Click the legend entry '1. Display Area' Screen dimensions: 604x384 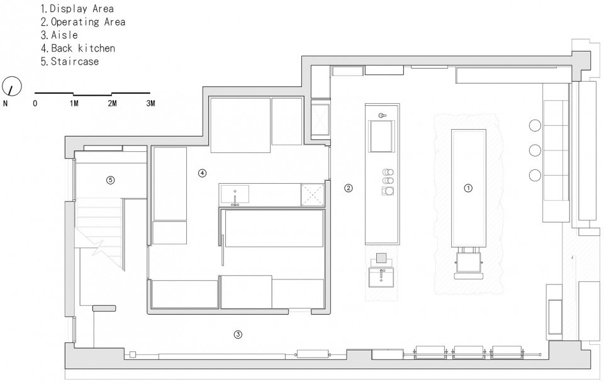click(x=77, y=8)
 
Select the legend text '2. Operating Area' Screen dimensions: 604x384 click(x=83, y=22)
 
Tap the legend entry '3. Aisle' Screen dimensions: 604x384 click(x=59, y=35)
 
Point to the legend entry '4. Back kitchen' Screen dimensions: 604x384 click(x=78, y=48)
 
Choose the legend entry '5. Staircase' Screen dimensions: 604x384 click(x=70, y=61)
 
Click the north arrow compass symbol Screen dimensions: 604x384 click(x=11, y=86)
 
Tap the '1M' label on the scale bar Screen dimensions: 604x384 click(x=74, y=103)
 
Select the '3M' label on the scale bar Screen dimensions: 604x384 click(x=150, y=103)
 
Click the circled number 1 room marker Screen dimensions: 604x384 click(x=468, y=188)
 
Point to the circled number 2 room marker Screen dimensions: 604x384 click(x=348, y=188)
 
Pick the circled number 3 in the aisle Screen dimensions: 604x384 click(x=238, y=334)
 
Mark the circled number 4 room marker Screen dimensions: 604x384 click(x=202, y=173)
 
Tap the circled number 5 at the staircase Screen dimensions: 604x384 click(x=111, y=179)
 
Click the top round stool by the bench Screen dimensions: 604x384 click(x=535, y=125)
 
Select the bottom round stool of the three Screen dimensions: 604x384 click(x=535, y=176)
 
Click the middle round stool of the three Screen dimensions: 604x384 click(x=535, y=150)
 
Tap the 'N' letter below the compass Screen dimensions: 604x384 click(x=5, y=103)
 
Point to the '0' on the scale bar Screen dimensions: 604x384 click(x=35, y=103)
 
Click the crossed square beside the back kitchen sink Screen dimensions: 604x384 click(x=313, y=195)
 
